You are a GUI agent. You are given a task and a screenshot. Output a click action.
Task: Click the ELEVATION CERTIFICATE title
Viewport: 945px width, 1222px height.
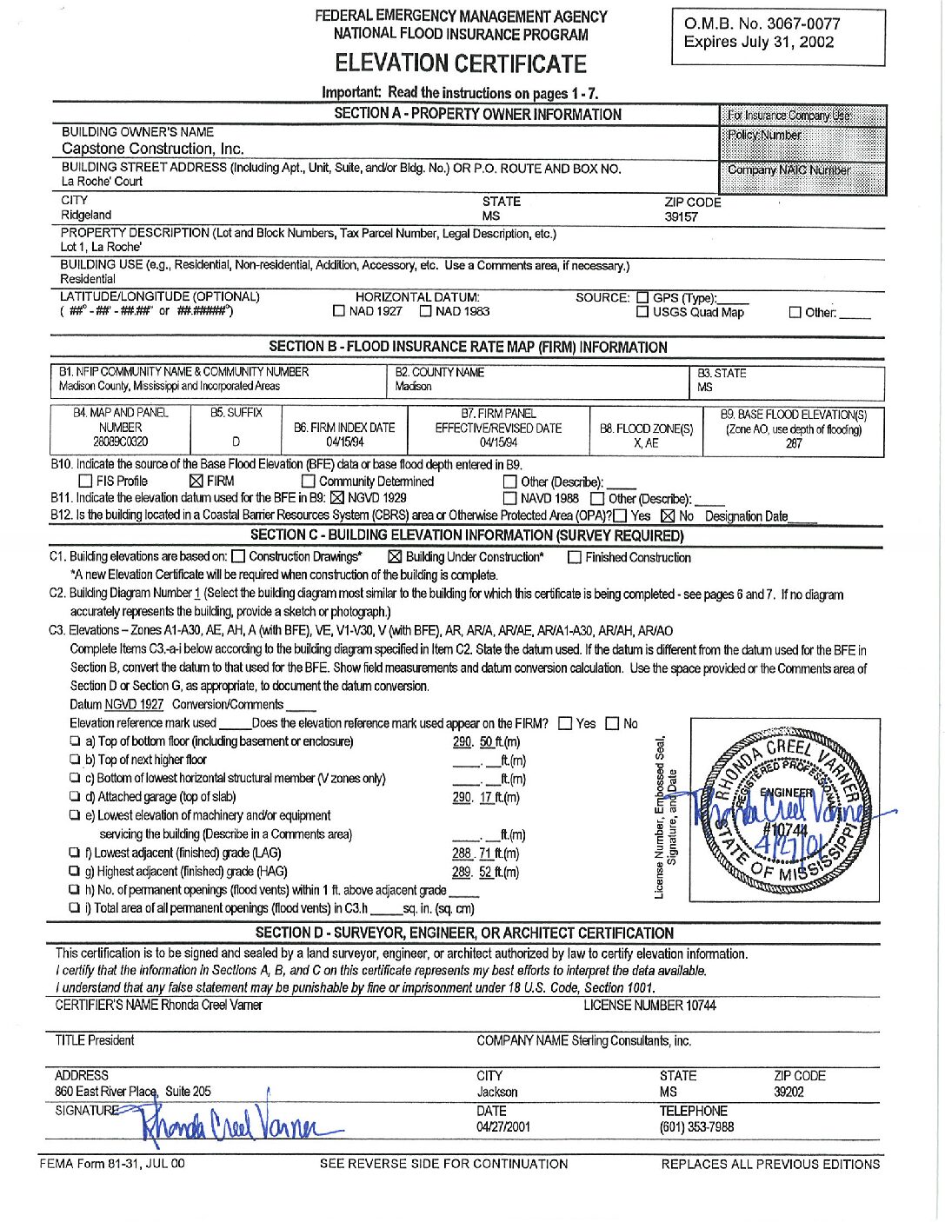pyautogui.click(x=461, y=63)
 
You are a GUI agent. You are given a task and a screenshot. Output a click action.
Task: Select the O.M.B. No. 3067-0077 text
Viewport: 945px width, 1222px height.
pyautogui.click(x=762, y=23)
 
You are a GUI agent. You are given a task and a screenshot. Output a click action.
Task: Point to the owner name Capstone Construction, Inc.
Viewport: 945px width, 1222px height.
pyautogui.click(x=152, y=149)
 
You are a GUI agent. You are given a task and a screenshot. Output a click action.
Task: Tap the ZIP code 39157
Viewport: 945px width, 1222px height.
pyautogui.click(x=681, y=217)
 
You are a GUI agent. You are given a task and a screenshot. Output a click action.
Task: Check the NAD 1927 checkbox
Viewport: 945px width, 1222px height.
pyautogui.click(x=339, y=311)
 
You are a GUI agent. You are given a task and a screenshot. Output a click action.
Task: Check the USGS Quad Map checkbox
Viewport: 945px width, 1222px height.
pyautogui.click(x=642, y=312)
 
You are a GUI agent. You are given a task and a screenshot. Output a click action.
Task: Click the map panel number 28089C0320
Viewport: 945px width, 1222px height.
pyautogui.click(x=120, y=442)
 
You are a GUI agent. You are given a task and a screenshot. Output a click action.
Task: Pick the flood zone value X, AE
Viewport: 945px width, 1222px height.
pyautogui.click(x=646, y=443)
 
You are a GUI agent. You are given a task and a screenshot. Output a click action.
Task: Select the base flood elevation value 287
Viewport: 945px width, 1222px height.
pyautogui.click(x=793, y=443)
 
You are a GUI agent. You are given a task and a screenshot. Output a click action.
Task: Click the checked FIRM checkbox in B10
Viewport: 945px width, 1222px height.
pyautogui.click(x=196, y=481)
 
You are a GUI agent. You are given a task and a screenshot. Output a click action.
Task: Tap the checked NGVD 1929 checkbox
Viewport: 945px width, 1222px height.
pyautogui.click(x=337, y=498)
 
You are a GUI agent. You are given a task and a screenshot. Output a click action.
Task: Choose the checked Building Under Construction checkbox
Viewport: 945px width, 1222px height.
pyautogui.click(x=395, y=557)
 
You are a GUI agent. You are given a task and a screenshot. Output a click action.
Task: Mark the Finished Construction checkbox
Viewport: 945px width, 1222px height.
pyautogui.click(x=574, y=558)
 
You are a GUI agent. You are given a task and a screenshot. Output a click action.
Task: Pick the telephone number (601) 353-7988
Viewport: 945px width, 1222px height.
pyautogui.click(x=696, y=1127)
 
